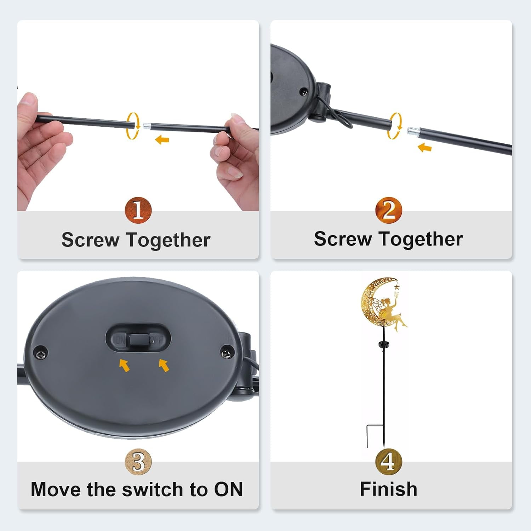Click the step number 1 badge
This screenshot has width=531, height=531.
pos(138,210)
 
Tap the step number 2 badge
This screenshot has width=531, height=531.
pos(389,210)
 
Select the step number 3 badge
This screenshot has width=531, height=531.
pos(138,462)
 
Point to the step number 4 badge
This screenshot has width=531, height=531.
pos(389,462)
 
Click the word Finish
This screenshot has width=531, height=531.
pos(389,489)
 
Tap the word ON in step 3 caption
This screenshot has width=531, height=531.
pos(228,490)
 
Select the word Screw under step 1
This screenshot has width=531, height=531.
pos(90,240)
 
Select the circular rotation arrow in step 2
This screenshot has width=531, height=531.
pos(395,126)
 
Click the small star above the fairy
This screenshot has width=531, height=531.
pos(396,284)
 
